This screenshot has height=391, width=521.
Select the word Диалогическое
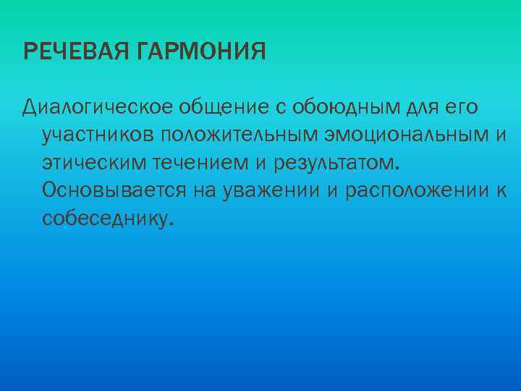point(97,109)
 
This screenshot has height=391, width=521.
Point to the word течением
point(198,163)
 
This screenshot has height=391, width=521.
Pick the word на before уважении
point(208,190)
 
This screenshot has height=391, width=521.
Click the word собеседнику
point(108,218)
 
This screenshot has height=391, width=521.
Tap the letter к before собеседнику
point(500,190)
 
